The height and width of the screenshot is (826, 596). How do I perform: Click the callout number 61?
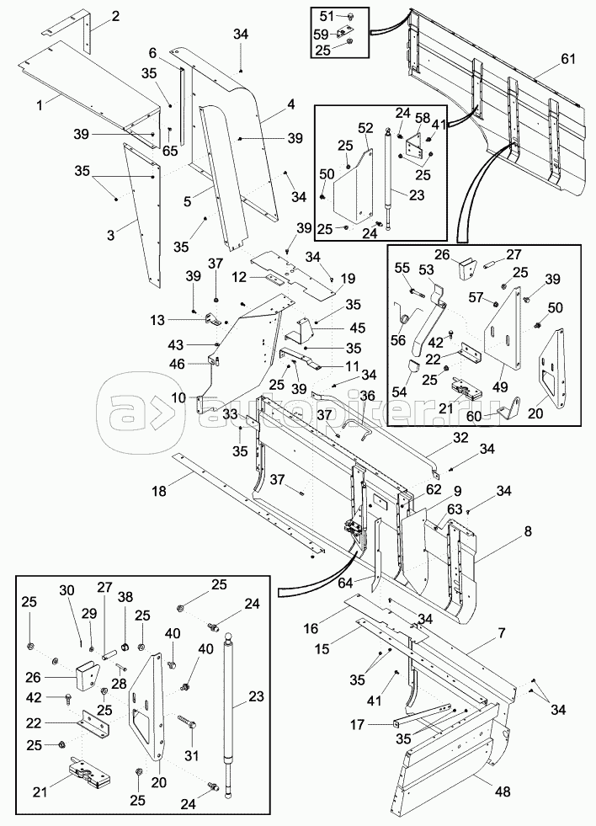pos(570,58)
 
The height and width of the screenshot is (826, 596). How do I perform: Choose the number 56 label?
pos(398,341)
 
